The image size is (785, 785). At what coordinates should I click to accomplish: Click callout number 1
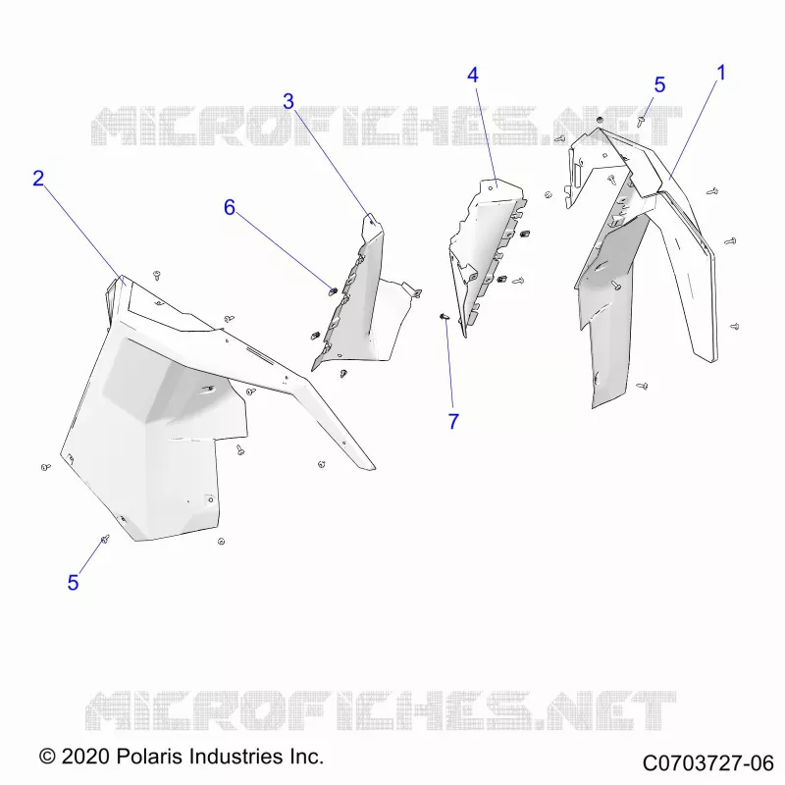pos(721,73)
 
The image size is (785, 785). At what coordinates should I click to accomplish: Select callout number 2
pos(38,179)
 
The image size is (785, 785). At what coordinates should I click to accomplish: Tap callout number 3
pos(288,102)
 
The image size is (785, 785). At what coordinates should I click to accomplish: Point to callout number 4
pos(473,76)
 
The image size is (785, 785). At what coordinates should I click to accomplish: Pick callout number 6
pos(230,207)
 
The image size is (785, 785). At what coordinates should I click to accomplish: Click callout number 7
pos(453,422)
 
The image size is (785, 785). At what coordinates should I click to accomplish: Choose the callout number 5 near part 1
pos(659,85)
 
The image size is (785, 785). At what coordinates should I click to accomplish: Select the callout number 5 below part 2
pos(73,583)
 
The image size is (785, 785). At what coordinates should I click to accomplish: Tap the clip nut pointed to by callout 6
pos(333,290)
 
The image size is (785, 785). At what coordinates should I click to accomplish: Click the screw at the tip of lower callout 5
pos(105,539)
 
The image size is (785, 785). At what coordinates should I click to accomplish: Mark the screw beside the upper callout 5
pos(641,121)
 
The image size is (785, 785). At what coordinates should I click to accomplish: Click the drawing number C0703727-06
pos(707,763)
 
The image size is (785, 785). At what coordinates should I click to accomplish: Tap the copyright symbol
pos(47,757)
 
